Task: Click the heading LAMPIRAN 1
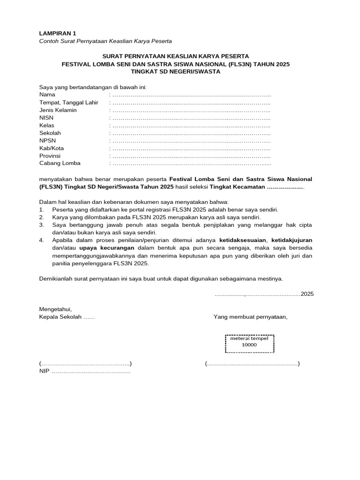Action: point(57,33)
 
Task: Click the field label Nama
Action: point(47,95)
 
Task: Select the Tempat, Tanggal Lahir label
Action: point(69,103)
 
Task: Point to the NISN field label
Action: point(47,118)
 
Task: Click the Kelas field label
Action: point(47,125)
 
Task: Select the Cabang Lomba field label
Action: point(60,163)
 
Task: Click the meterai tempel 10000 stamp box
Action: point(249,344)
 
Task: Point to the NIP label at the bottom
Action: point(45,372)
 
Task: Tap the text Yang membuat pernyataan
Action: point(250,316)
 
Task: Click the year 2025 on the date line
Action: point(307,294)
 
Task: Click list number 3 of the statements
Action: point(41,225)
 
